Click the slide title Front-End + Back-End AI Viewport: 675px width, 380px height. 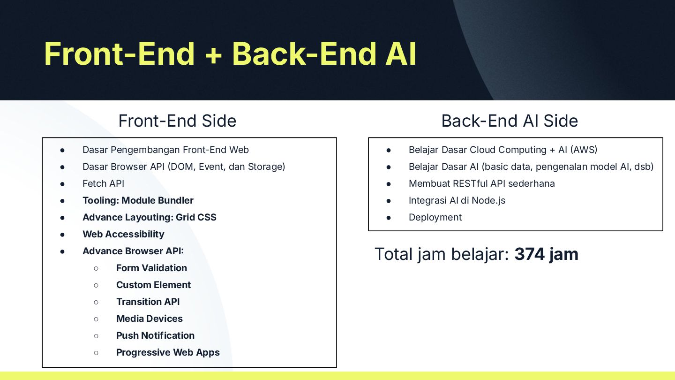[230, 53]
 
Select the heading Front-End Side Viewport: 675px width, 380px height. [177, 121]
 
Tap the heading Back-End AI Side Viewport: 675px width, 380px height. [510, 121]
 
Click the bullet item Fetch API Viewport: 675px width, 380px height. [103, 183]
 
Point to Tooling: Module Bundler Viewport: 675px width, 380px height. [138, 200]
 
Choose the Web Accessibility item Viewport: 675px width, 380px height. [123, 234]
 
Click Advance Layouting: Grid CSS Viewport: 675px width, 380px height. [149, 217]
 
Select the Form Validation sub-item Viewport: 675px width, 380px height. [151, 268]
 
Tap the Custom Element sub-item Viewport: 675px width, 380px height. [153, 285]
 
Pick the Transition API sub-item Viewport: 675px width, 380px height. [148, 302]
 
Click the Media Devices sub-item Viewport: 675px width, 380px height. [149, 319]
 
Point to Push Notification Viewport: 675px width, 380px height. [155, 335]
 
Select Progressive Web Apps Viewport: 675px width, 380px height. [168, 352]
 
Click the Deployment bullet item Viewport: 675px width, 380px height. [435, 217]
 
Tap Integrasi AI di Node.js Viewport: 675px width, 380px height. [457, 200]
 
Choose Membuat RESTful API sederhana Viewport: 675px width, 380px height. [481, 183]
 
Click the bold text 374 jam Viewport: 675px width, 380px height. [546, 254]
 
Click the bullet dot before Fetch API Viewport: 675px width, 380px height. [62, 183]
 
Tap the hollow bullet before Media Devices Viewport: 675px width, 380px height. [96, 319]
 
